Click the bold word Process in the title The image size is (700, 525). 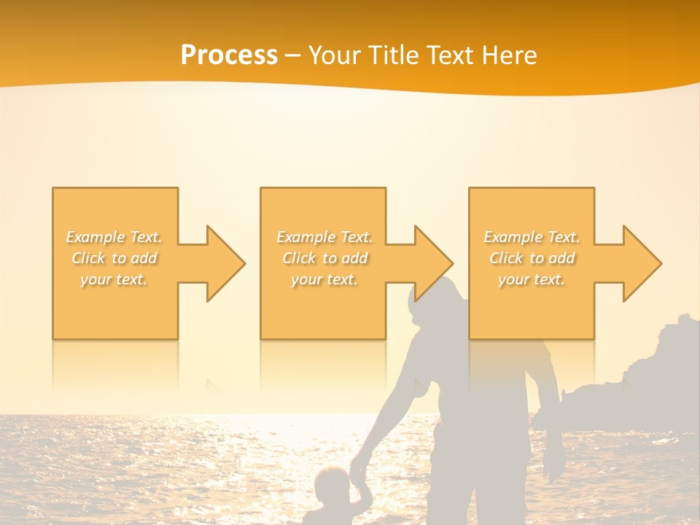click(229, 55)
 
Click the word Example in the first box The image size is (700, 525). click(96, 237)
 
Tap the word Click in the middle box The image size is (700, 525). click(298, 258)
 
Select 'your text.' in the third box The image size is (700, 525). click(531, 279)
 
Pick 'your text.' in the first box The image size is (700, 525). click(114, 279)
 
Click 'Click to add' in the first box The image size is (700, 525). click(114, 258)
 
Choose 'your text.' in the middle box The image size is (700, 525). click(324, 279)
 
